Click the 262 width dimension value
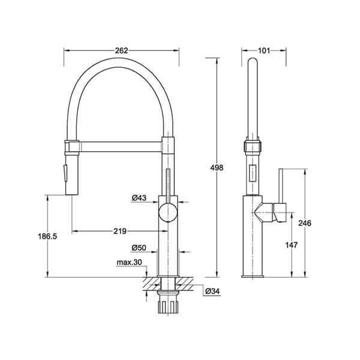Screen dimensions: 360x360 121,50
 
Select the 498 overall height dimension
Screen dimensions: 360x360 217,168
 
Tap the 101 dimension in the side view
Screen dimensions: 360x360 264,50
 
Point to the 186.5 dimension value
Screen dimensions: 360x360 47,236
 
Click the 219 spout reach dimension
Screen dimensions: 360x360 120,231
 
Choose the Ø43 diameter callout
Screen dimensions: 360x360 139,197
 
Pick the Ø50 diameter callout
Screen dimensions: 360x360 139,248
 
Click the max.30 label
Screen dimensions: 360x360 129,262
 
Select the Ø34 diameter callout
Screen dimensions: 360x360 212,292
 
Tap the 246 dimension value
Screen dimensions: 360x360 305,223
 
